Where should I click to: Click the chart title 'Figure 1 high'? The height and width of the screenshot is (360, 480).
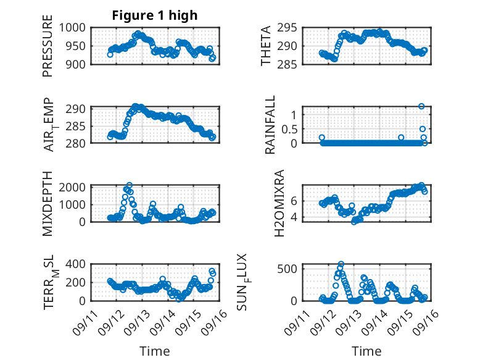point(154,15)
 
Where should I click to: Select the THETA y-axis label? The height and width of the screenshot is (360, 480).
point(266,46)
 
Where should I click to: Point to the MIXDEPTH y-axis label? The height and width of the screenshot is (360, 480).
point(48,203)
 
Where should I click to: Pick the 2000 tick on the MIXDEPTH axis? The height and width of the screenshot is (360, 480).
point(75,188)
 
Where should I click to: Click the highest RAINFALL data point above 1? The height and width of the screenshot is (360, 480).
point(421,106)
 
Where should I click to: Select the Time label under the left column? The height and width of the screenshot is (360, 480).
point(154,351)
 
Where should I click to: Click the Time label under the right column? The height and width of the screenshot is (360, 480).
point(366,351)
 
